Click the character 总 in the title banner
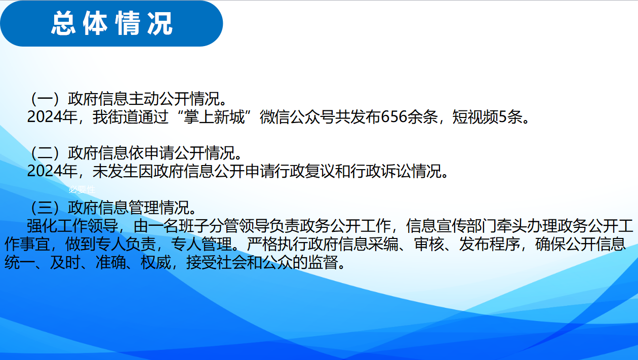point(63,23)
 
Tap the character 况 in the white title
point(160,23)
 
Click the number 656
point(394,117)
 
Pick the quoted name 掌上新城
point(214,117)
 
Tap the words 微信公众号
point(297,117)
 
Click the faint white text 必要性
point(82,189)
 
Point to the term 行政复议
point(305,171)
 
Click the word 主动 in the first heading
point(144,99)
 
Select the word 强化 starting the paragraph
point(42,226)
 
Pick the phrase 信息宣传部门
point(452,226)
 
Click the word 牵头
point(512,226)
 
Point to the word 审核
point(429,244)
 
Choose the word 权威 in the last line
point(156,262)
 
